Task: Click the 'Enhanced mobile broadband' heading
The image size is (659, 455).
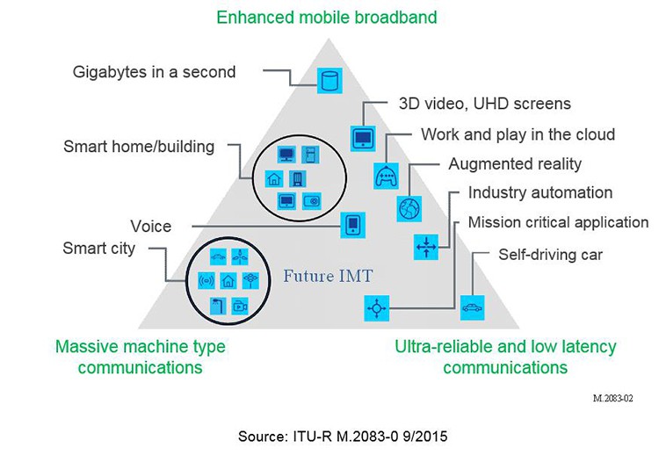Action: [x=327, y=18]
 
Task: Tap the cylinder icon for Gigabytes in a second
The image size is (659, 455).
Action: [x=329, y=81]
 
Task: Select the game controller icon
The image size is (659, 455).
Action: [x=386, y=176]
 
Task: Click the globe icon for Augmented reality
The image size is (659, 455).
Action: [x=409, y=209]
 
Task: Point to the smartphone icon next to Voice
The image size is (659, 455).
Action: [x=352, y=225]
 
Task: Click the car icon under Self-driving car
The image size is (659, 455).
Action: [x=473, y=307]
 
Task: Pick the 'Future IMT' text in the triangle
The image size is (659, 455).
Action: [x=329, y=276]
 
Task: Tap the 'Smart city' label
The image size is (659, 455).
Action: [x=98, y=249]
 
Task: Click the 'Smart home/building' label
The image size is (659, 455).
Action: [x=139, y=147]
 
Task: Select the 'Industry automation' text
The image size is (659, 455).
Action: [x=540, y=193]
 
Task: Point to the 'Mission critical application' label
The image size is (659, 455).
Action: [x=558, y=222]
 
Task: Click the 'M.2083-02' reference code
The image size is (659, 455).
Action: [x=612, y=398]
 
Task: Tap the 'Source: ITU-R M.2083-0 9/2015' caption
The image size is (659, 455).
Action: [x=343, y=437]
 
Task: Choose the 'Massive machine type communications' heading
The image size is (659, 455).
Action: [x=141, y=357]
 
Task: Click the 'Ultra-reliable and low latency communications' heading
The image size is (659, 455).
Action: [x=505, y=357]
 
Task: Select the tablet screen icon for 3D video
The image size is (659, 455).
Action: [x=363, y=138]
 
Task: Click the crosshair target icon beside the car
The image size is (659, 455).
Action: [x=377, y=308]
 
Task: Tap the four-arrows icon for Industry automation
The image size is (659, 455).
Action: [x=426, y=247]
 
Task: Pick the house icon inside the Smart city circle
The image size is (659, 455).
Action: [x=228, y=280]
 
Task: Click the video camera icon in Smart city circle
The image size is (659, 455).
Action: [x=240, y=306]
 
